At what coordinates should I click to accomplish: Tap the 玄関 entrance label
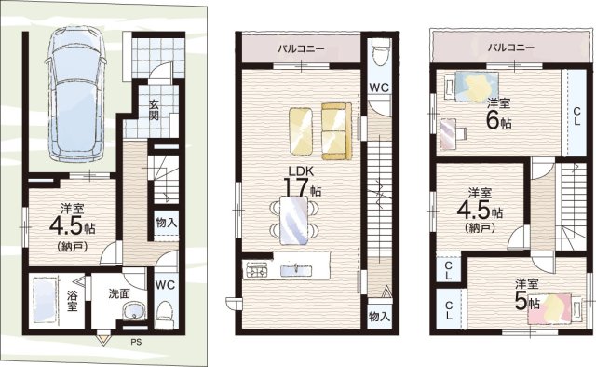(x=154, y=110)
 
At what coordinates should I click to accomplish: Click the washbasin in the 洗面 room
(x=134, y=311)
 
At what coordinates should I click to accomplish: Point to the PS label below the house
(x=136, y=342)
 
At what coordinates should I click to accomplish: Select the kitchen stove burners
(x=258, y=270)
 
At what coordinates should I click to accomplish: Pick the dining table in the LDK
(x=293, y=220)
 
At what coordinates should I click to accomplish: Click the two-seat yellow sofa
(x=336, y=130)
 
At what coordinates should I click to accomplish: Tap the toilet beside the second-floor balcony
(x=380, y=52)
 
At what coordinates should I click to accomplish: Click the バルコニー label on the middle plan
(x=300, y=48)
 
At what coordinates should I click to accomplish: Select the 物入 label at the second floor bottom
(x=379, y=317)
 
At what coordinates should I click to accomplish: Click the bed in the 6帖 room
(x=471, y=87)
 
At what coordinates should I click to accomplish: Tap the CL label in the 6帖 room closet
(x=576, y=116)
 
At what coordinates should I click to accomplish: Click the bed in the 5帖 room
(x=554, y=308)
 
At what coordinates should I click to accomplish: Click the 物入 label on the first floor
(x=166, y=223)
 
